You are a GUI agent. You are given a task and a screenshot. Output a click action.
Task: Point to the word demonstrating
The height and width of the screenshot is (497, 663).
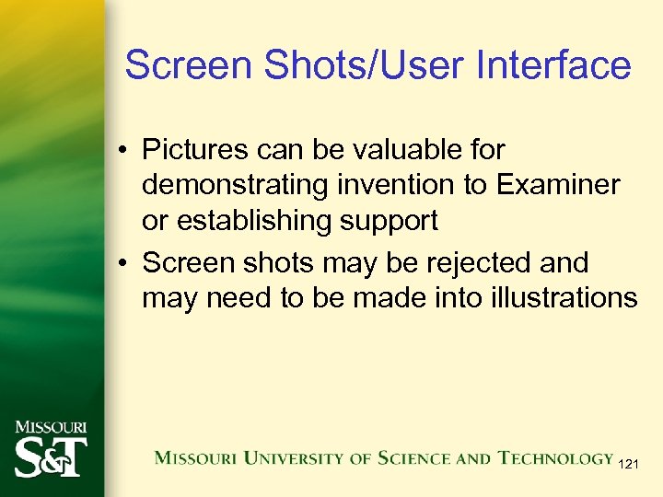(x=235, y=185)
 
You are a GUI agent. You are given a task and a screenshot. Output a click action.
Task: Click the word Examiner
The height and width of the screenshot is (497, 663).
(x=558, y=185)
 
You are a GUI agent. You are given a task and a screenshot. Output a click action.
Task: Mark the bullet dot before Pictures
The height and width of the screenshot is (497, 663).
(x=122, y=150)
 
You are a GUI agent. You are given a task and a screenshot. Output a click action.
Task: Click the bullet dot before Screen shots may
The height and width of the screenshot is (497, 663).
(x=122, y=263)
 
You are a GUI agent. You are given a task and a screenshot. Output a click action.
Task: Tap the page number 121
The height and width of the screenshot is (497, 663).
(x=631, y=464)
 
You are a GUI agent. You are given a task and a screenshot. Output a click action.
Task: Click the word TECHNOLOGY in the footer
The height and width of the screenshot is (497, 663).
(x=556, y=457)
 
